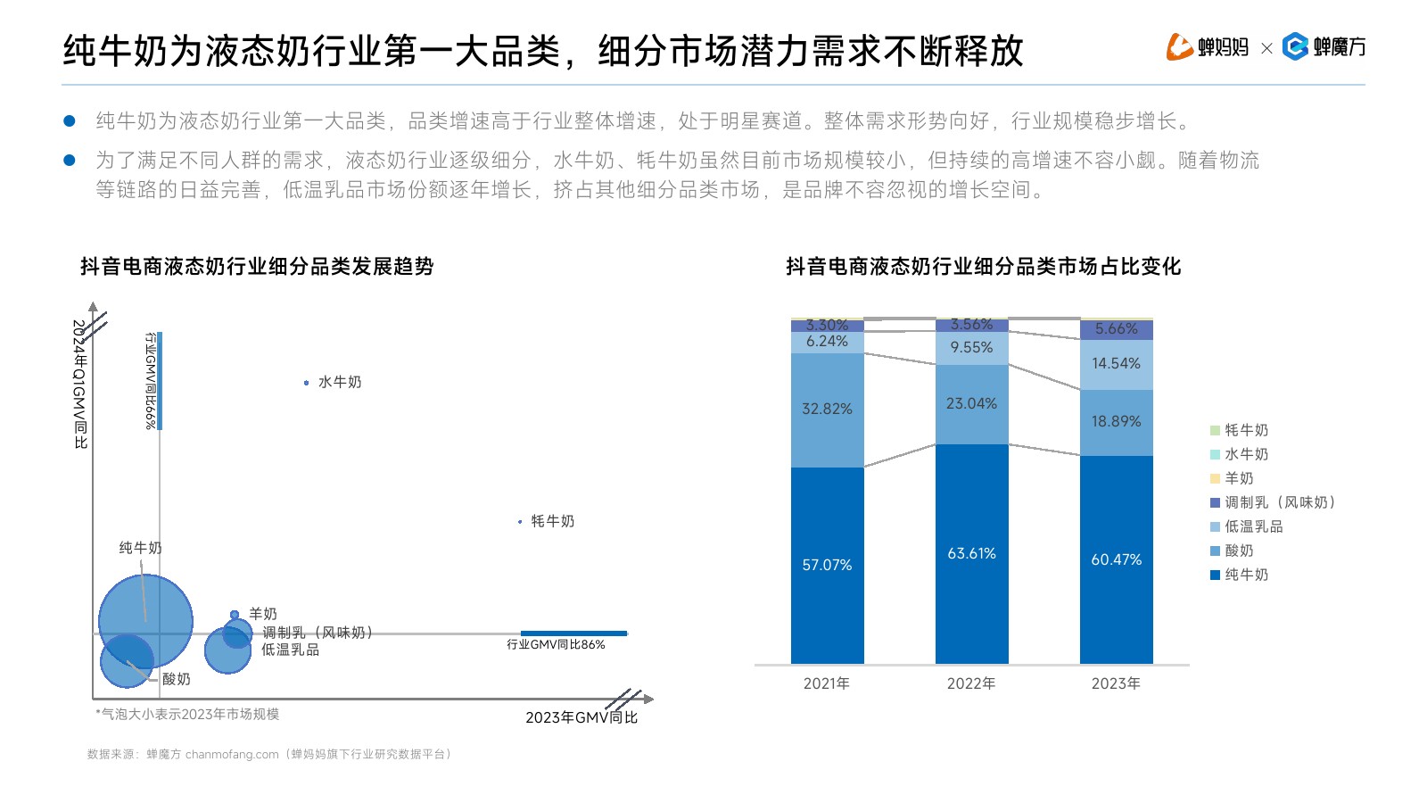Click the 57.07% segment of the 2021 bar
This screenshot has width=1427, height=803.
(827, 565)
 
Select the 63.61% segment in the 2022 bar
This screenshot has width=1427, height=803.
(971, 553)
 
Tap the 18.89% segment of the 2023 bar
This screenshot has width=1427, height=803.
(1116, 422)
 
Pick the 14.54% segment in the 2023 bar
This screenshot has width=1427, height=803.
(1116, 364)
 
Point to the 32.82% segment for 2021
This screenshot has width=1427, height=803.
(827, 410)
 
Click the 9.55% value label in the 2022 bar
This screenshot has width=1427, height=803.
(971, 348)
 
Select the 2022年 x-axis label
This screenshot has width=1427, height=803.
(971, 683)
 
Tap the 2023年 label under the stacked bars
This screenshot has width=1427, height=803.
(1116, 683)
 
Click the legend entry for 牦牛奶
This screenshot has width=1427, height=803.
(1239, 430)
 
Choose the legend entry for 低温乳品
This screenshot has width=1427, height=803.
(1246, 526)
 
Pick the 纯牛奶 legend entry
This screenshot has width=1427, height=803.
(1239, 575)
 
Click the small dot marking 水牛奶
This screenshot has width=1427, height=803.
(306, 383)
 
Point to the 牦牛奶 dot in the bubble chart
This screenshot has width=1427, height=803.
(520, 522)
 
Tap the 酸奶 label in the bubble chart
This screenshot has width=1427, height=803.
(177, 679)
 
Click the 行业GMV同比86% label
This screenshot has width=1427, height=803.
(556, 644)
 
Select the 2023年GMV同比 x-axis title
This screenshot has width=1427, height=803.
(581, 717)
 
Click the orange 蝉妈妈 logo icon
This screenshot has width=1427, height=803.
(1179, 46)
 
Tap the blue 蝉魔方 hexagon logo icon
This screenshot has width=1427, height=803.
(1294, 46)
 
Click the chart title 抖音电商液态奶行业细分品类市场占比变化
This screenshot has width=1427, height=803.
(983, 266)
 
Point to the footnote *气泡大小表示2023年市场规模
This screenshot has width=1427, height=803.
(187, 714)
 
